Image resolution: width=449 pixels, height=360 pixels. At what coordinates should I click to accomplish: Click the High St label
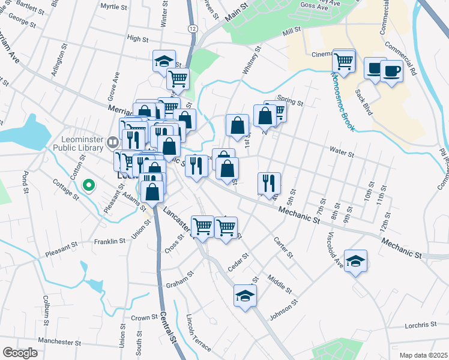pos(137,38)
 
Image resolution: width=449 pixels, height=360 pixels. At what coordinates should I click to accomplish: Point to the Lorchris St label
pos(421,325)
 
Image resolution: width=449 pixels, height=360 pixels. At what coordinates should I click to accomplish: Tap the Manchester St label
pos(59,343)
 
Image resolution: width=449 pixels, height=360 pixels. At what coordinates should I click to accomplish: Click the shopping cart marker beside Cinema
pos(344,61)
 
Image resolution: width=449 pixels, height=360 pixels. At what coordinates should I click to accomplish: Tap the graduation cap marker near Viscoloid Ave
pos(355,260)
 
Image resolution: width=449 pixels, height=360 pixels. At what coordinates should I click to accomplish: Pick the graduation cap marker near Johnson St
pos(245,296)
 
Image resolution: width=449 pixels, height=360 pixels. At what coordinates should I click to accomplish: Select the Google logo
pos(20,353)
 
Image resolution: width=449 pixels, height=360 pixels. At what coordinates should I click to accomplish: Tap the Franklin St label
pos(109,241)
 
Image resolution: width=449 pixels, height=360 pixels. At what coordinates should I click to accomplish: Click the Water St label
pos(343,154)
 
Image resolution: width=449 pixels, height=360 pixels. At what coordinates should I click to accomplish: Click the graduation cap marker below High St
pos(163,61)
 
